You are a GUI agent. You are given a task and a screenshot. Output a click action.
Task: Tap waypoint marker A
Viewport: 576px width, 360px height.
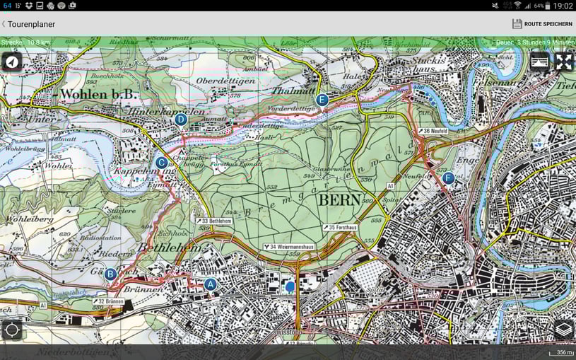[x=210, y=284]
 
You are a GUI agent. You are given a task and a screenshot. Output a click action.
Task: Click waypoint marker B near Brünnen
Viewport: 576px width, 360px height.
[x=110, y=274]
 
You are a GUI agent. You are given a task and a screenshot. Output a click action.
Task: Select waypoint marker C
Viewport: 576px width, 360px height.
[x=161, y=162]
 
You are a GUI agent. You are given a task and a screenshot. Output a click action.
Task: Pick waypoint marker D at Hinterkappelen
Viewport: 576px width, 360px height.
[x=181, y=120]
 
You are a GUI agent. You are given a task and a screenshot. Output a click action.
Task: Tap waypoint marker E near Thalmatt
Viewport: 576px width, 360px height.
[x=322, y=100]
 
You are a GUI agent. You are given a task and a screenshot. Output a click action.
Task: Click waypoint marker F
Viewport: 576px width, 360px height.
[x=448, y=178]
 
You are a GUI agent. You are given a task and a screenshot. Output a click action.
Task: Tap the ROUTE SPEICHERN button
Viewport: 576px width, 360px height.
[x=542, y=24]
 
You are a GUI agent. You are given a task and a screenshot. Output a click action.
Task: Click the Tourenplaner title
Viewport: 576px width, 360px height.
[x=31, y=24]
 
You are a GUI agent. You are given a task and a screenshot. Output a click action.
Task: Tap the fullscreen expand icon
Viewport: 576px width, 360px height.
[x=563, y=62]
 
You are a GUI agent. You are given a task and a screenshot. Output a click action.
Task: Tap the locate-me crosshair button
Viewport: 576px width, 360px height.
[x=11, y=330]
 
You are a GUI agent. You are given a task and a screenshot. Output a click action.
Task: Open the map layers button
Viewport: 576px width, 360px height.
[x=563, y=329]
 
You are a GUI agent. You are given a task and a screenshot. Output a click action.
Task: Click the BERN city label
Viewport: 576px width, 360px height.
[x=340, y=199]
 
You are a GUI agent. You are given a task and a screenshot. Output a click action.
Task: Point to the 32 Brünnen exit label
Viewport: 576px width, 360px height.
[x=108, y=301]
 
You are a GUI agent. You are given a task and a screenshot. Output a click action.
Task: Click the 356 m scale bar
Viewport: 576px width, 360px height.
[x=563, y=352]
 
